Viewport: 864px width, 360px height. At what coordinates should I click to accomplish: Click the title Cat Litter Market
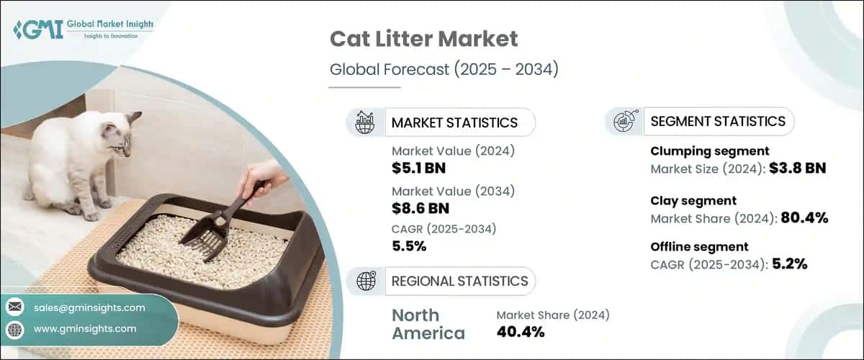point(424,38)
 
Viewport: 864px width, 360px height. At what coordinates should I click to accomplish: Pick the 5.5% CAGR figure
point(409,246)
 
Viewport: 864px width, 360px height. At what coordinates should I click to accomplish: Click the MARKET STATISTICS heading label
point(454,122)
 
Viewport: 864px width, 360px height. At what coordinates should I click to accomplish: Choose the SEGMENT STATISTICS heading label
point(718,121)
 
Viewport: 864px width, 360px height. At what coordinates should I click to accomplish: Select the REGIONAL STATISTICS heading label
point(459,281)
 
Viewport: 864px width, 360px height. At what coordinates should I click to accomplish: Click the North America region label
point(428,324)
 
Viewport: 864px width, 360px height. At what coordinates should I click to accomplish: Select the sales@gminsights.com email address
point(89,307)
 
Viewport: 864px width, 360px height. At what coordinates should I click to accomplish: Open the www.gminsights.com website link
point(84,328)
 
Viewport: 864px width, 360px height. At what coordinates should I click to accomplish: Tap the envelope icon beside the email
point(14,307)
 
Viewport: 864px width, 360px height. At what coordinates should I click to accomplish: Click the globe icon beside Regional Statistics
point(366,281)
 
